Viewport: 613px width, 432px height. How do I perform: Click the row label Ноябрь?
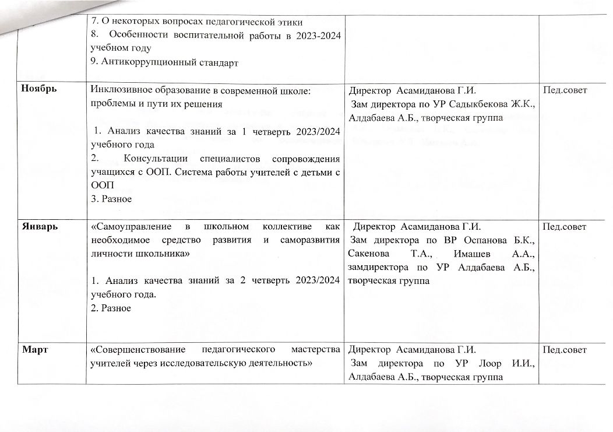[x=38, y=90]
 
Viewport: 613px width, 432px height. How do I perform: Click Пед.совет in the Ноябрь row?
[x=565, y=90]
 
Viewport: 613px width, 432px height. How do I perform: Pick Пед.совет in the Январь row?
[x=565, y=226]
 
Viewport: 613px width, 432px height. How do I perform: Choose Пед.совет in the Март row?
[x=565, y=350]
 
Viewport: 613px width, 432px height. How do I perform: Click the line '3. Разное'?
[x=111, y=199]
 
